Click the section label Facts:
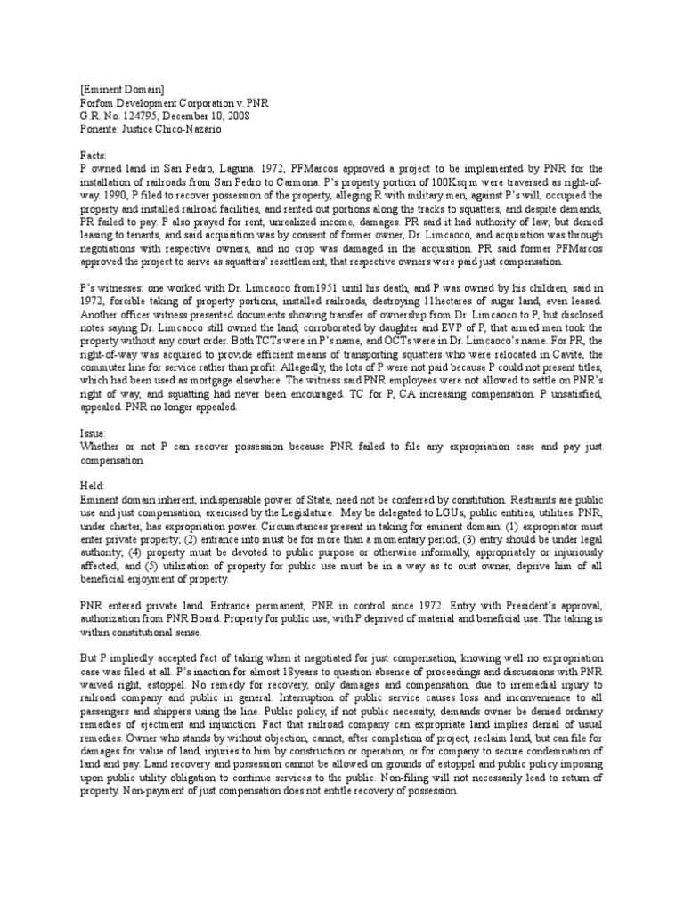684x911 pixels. point(92,155)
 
